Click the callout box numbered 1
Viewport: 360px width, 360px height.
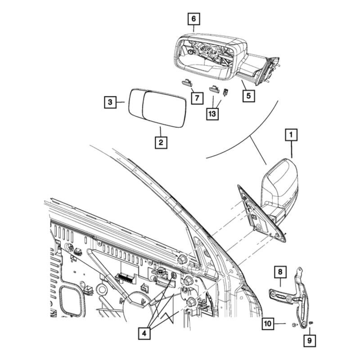[x=291, y=135]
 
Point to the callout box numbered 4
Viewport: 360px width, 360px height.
[x=144, y=334]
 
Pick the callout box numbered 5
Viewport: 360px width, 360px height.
[x=247, y=95]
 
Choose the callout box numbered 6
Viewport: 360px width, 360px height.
[x=193, y=19]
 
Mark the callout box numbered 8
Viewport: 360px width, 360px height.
[x=279, y=272]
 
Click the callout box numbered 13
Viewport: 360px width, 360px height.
[x=211, y=114]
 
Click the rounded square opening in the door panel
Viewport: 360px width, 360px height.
[x=72, y=299]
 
